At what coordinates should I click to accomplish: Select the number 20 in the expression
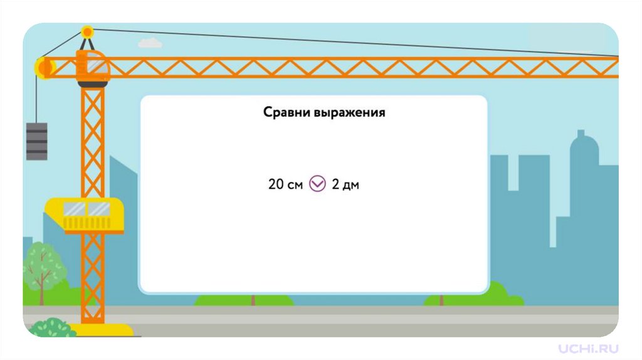coord(276,185)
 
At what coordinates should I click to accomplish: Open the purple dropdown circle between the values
coord(318,184)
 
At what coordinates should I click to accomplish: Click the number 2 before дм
coord(335,185)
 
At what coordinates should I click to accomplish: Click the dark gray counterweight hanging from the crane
coord(36,141)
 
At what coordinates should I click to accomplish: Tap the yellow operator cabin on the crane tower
coord(85,214)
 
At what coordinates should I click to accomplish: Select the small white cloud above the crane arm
coord(150,43)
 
